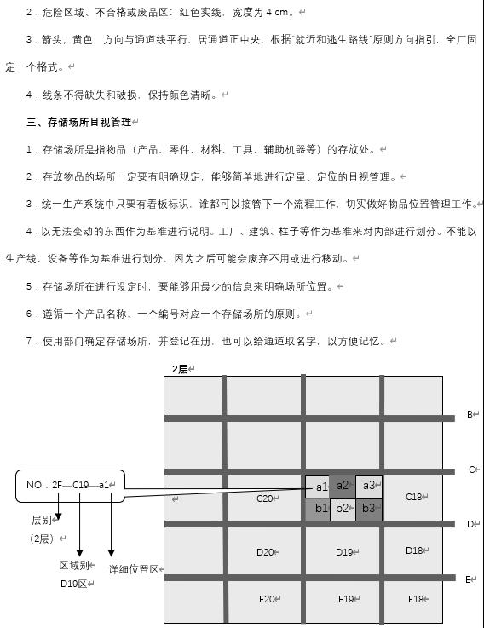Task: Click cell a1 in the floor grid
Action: tap(318, 487)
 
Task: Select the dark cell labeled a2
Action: tap(342, 486)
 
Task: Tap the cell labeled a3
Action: tap(368, 486)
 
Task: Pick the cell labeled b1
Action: tap(318, 509)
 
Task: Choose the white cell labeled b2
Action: tap(342, 509)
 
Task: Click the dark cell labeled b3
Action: tap(368, 509)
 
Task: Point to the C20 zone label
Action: tap(265, 498)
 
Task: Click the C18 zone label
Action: tap(414, 497)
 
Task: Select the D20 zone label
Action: tap(265, 552)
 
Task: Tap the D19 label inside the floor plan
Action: tap(344, 552)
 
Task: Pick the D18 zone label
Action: tap(414, 550)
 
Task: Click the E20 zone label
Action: tap(268, 599)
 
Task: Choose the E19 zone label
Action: tap(345, 599)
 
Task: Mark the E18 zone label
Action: tap(416, 599)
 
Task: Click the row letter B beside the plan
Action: tap(470, 415)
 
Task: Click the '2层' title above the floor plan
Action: tap(180, 368)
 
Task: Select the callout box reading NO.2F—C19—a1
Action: tap(71, 485)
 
